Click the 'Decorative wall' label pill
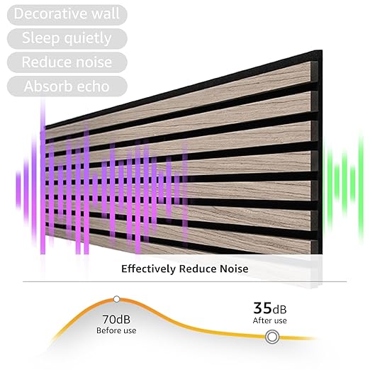67,13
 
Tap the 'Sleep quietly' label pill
67,38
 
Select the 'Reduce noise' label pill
67,62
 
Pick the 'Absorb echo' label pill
67,86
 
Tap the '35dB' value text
270,308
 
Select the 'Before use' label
116,330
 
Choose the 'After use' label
270,321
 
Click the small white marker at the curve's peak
117,299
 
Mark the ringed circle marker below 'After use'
271,337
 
